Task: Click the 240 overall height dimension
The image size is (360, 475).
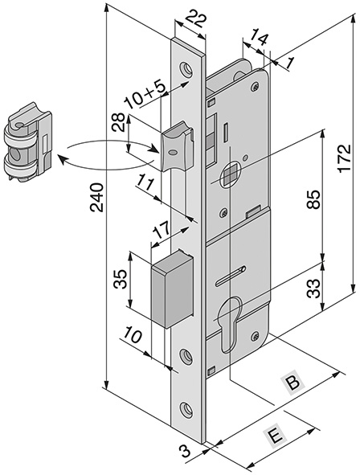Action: (x=97, y=197)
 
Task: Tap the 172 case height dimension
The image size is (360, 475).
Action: (x=345, y=158)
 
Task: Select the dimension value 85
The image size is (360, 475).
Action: (x=313, y=199)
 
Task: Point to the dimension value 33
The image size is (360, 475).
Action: (x=313, y=289)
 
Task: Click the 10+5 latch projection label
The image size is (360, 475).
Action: (x=146, y=94)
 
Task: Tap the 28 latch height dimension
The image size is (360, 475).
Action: (x=118, y=122)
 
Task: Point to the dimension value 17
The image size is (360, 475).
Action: (x=161, y=231)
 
